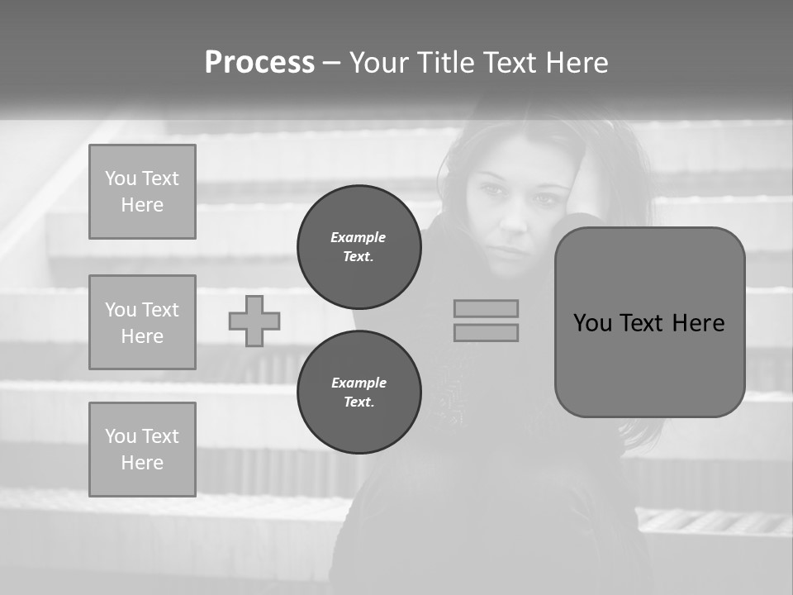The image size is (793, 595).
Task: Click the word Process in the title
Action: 259,63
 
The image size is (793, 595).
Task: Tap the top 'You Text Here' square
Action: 142,192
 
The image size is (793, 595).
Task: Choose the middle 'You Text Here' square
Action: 142,322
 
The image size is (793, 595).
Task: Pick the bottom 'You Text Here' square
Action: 142,450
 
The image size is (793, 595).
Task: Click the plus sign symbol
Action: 254,321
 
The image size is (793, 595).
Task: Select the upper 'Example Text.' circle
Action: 359,247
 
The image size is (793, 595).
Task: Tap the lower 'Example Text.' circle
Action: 359,393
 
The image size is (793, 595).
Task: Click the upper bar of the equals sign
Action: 486,308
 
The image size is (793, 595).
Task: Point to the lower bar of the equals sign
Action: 486,332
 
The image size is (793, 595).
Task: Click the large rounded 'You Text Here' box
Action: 649,364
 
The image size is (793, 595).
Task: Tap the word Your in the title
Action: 380,63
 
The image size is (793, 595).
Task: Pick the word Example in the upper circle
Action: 359,237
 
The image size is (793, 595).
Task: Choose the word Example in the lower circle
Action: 359,383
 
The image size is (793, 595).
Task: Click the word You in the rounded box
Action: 593,322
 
